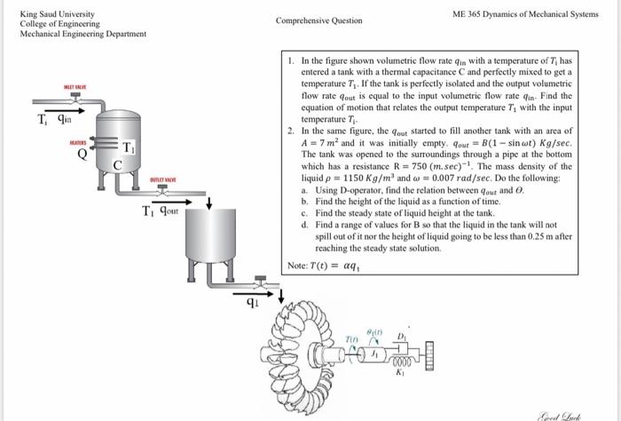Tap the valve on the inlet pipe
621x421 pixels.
tap(75, 103)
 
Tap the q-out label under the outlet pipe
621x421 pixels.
tap(166, 211)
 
